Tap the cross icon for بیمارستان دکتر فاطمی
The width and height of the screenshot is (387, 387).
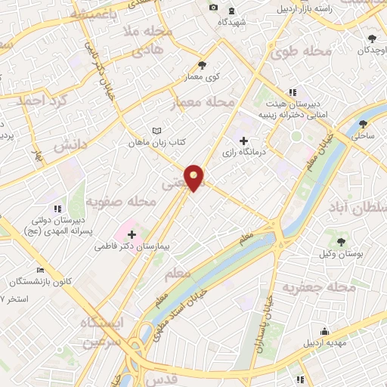pos(132,235)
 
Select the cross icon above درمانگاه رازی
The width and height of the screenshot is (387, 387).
pos(243,141)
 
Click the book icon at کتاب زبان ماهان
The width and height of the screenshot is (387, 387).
pos(157,131)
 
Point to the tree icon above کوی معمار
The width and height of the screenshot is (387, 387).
pos(201,65)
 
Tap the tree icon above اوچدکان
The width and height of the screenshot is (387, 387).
pos(372,39)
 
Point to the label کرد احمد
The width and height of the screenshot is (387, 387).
pos(46,101)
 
